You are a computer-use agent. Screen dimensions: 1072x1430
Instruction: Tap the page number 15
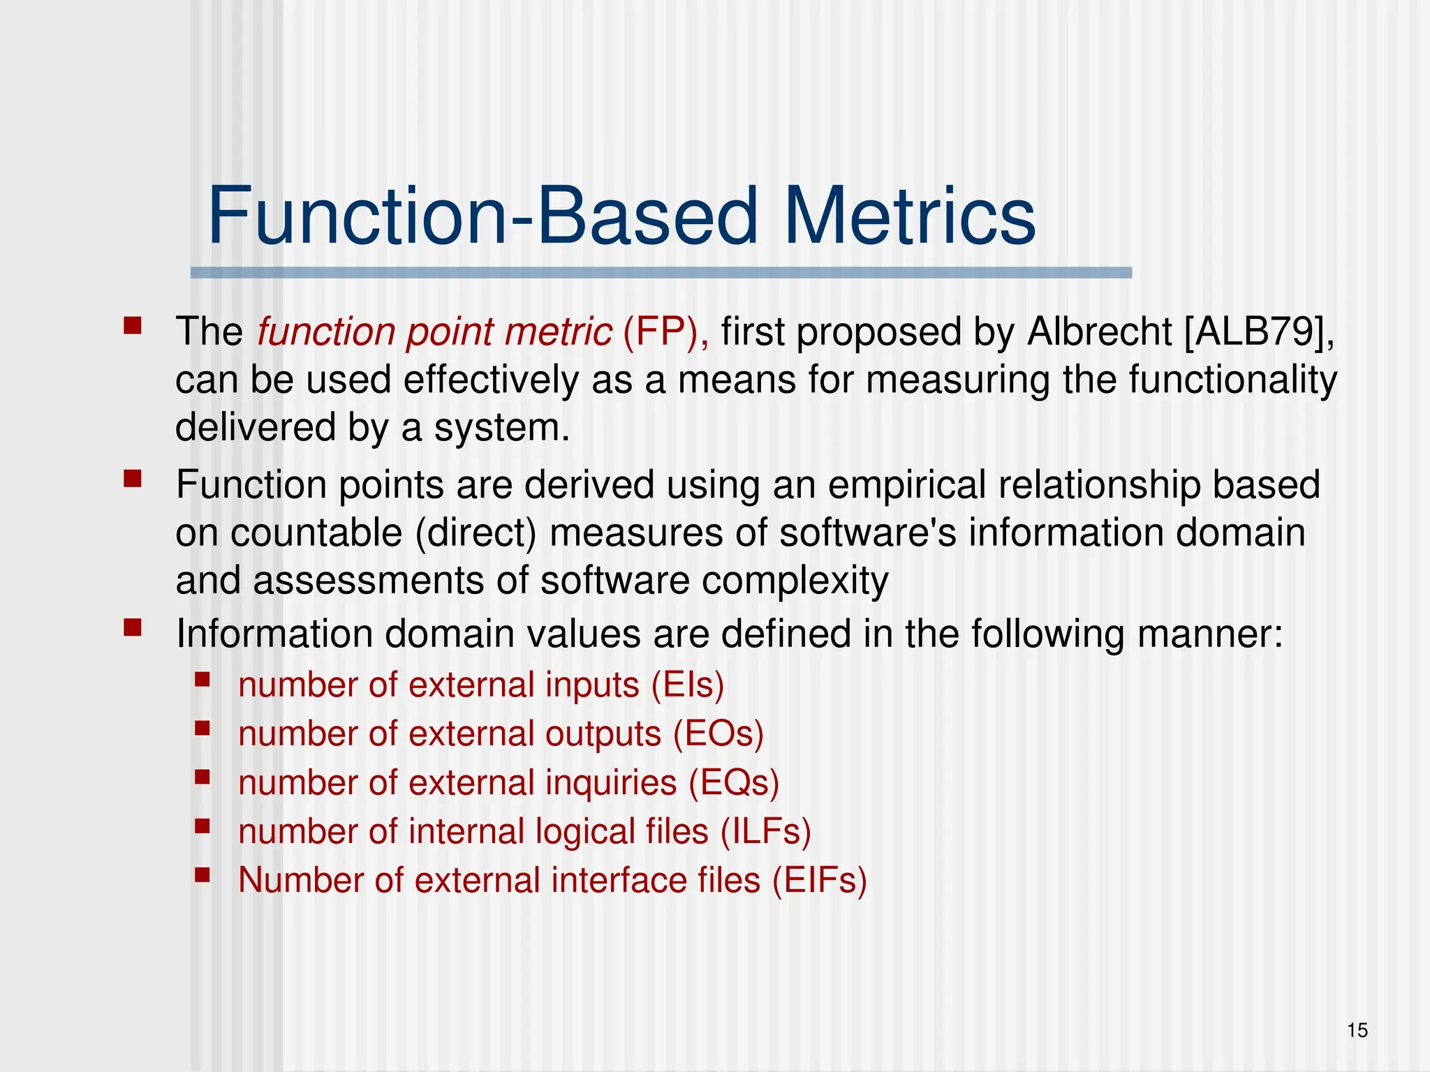[1357, 1030]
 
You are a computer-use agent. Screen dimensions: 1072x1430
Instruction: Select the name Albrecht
[1100, 332]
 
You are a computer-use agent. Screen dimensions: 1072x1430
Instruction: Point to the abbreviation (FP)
[665, 332]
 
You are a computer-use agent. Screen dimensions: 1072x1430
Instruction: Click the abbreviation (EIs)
[687, 685]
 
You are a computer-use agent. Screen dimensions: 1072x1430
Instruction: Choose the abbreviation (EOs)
[718, 734]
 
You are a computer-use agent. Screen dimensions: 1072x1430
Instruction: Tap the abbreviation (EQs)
[733, 783]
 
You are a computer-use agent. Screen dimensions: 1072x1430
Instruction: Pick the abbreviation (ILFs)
[765, 832]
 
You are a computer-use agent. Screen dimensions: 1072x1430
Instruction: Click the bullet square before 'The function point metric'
[133, 325]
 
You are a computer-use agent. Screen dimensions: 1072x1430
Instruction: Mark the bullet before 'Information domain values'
[133, 627]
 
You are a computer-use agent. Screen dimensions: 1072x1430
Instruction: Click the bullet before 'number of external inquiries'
[202, 777]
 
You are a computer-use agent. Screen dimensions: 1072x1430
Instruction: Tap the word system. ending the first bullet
[501, 428]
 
